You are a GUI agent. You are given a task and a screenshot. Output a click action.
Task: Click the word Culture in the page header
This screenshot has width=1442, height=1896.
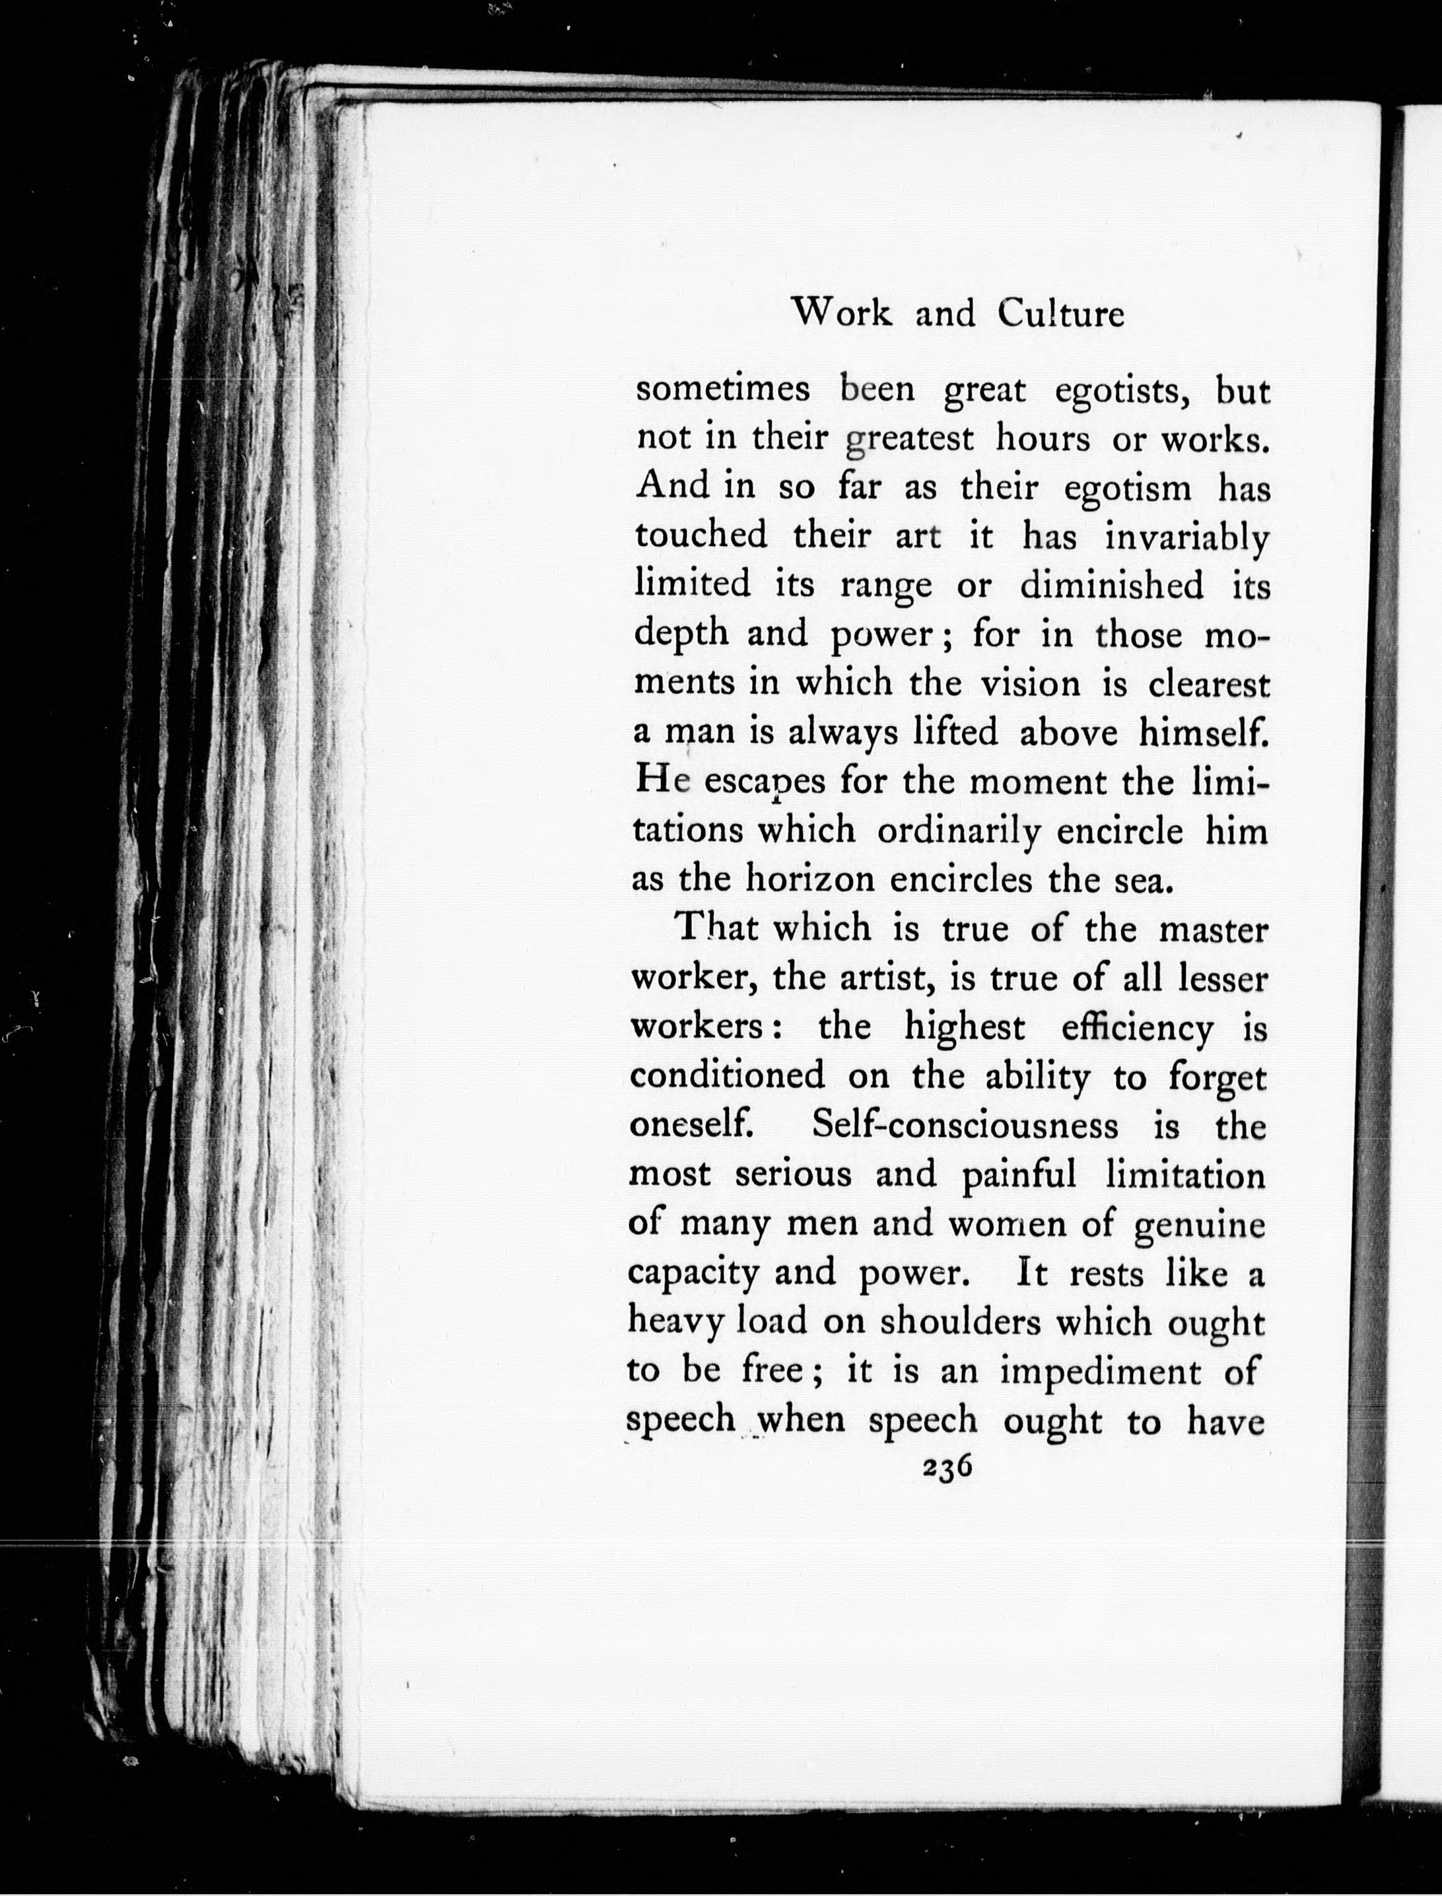tap(1061, 315)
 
